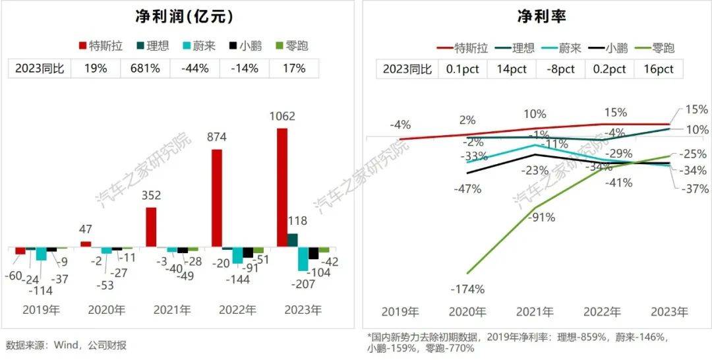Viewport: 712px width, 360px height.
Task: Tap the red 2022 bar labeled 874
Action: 217,198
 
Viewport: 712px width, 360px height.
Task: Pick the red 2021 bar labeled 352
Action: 151,227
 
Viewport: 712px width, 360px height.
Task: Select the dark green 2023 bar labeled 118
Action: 292,240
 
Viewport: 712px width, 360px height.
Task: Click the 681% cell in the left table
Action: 145,69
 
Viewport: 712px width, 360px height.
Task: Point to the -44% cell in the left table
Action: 194,69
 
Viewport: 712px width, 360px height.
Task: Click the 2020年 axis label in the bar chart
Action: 107,310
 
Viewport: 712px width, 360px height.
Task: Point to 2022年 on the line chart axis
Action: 602,312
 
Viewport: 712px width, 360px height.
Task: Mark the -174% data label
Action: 467,289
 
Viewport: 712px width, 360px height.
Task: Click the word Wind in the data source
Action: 66,345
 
